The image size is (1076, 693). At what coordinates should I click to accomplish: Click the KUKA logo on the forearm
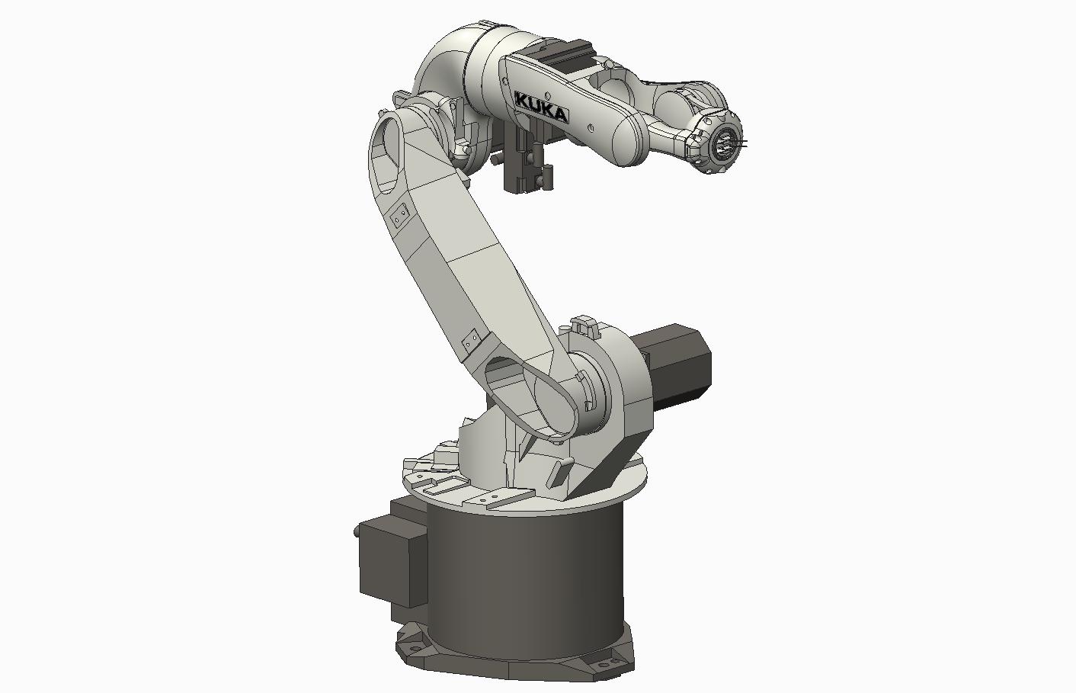pyautogui.click(x=541, y=107)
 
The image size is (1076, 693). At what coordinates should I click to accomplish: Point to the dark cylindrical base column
pyautogui.click(x=526, y=579)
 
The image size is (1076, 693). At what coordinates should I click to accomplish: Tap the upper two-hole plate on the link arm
pyautogui.click(x=398, y=218)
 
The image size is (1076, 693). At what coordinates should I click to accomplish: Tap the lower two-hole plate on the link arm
pyautogui.click(x=471, y=340)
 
